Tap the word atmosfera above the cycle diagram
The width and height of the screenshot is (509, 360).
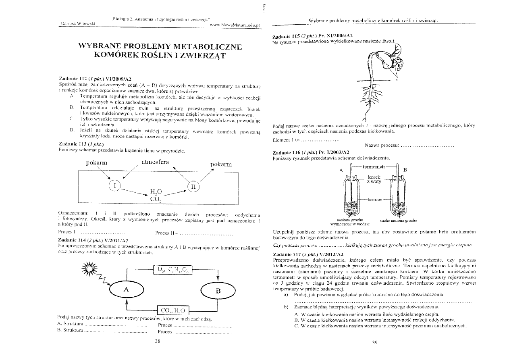coord(155,162)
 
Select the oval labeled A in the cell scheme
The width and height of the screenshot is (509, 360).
coord(126,289)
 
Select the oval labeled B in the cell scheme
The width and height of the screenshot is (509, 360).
coord(218,290)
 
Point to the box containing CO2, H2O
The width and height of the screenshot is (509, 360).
coord(172,310)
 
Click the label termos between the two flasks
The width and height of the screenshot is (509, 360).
coord(374,199)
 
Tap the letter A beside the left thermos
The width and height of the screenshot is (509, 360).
coord(341,170)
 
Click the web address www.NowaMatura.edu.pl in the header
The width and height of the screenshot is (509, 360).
coord(236,25)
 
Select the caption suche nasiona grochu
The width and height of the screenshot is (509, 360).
coord(399,220)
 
